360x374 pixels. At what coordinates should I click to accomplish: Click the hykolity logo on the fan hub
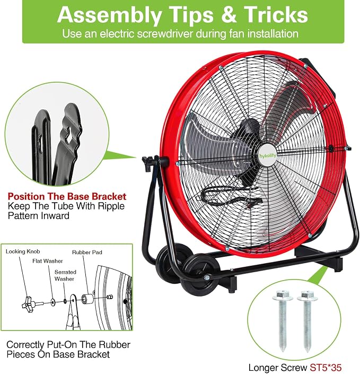[x=268, y=156]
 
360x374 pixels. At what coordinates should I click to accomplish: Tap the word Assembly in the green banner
[x=109, y=15]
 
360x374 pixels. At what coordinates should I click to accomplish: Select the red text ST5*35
[x=326, y=367]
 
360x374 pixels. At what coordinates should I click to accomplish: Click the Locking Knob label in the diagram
[x=23, y=251]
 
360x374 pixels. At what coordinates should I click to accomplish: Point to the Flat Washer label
[x=48, y=261]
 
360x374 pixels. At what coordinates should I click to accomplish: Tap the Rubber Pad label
[x=87, y=253]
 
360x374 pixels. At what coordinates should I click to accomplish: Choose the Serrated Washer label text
[x=65, y=275]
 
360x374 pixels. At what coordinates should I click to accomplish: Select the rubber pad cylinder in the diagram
[x=87, y=298]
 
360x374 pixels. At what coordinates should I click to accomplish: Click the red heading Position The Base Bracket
[x=67, y=196]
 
